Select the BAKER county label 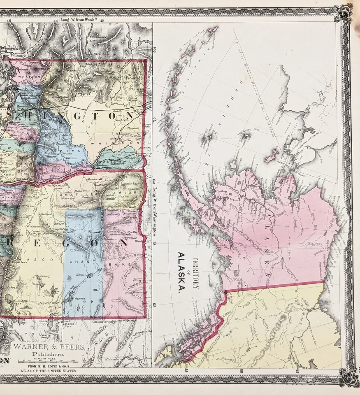coord(127,264)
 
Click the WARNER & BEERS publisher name coord(48,347)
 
